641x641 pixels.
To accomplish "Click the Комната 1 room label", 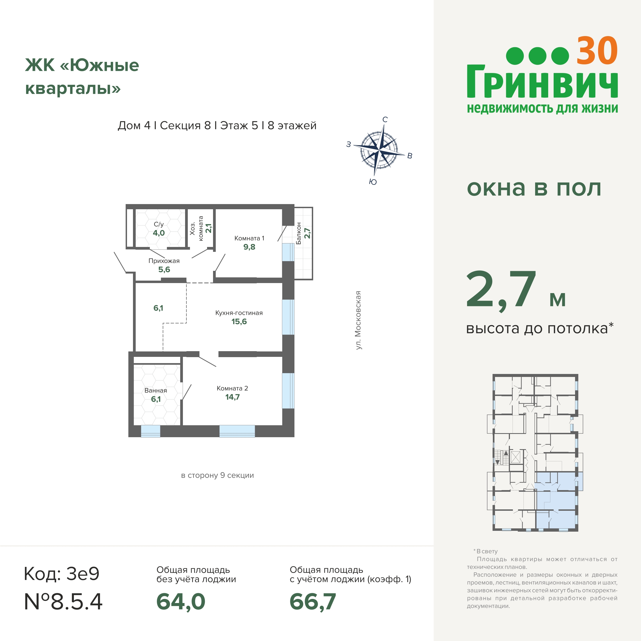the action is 249,238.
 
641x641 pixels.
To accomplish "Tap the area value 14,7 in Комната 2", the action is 232,397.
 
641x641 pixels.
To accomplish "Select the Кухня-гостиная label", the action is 239,313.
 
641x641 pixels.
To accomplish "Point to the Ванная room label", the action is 156,391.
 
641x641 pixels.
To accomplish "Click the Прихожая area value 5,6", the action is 164,269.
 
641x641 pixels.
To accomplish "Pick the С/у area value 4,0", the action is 158,233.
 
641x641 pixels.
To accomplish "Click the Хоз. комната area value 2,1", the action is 208,228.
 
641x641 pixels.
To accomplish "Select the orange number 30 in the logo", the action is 597,51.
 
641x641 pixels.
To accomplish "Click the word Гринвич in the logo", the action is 542,81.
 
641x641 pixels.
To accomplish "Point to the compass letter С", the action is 385,119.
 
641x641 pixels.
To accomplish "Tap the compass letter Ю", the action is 373,182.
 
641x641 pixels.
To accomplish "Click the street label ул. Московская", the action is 358,320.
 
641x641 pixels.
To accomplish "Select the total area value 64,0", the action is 181,602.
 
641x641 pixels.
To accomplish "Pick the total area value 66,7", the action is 313,602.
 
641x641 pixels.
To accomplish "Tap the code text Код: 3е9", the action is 62,573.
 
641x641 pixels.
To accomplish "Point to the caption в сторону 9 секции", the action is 217,475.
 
